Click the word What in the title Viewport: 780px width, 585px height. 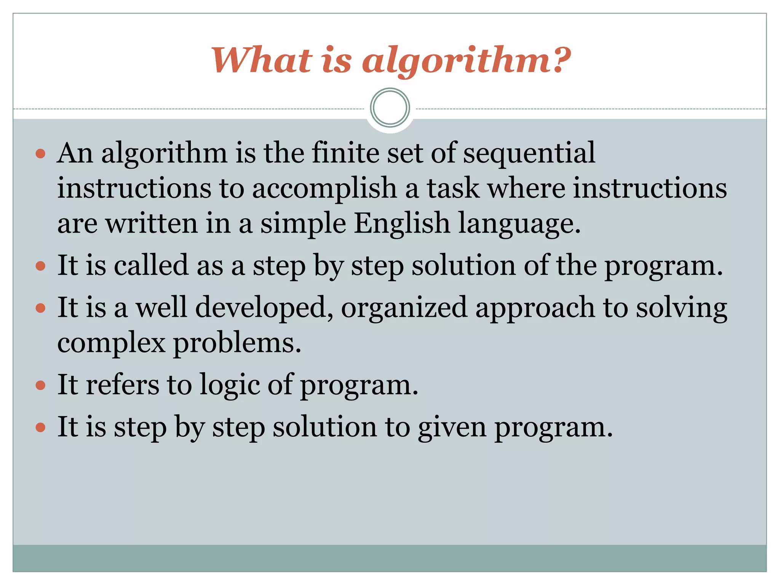coord(262,60)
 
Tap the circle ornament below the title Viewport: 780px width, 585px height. coord(390,107)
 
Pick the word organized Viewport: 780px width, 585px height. coord(404,308)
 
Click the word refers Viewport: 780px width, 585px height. coord(122,385)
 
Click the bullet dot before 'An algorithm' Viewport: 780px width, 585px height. coord(40,154)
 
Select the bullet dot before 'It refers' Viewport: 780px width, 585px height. coord(40,385)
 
